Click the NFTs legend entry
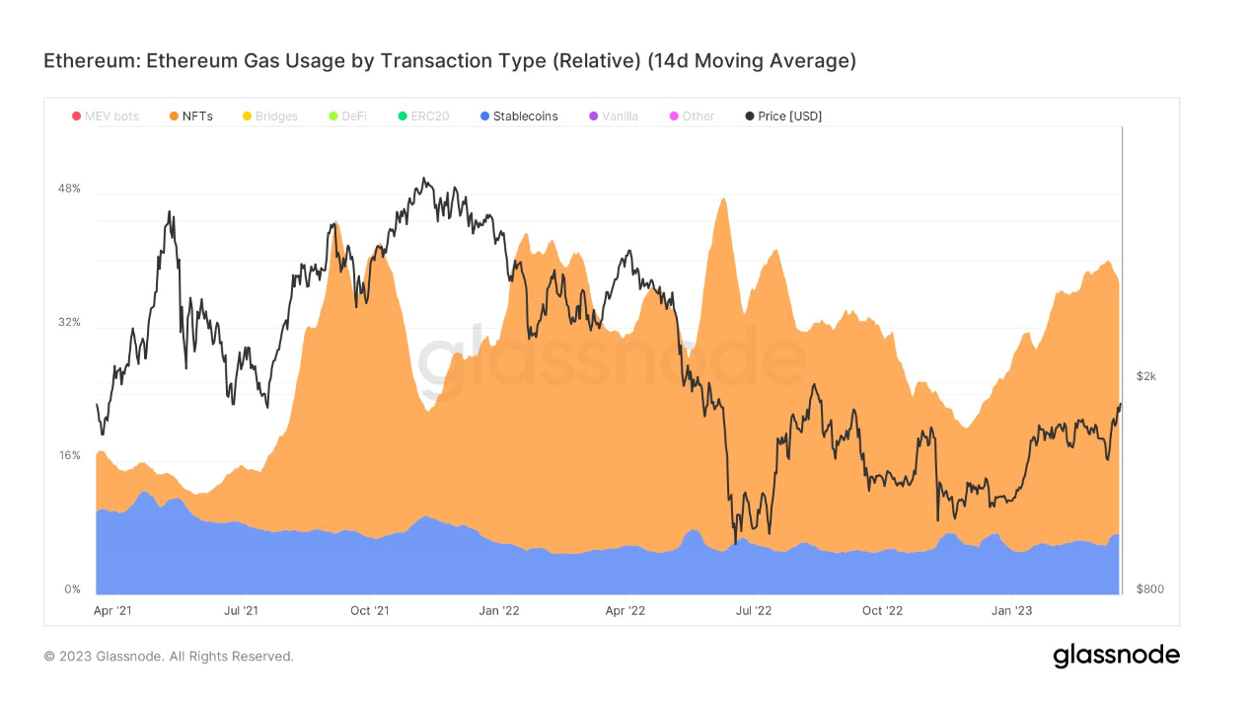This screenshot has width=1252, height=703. pos(197,117)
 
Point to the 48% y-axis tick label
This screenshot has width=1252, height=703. pos(69,189)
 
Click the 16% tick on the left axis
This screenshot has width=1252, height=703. pos(69,456)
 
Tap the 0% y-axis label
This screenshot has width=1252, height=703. pos(72,589)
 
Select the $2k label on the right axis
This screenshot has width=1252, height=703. pos(1145,376)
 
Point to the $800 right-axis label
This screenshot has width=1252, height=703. pos(1149,589)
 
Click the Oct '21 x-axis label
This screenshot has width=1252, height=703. pos(369,611)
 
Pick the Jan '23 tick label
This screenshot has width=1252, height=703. pos(1011,611)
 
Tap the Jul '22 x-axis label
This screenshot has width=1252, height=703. pos(754,611)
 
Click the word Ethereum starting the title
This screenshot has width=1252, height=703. pos(90,61)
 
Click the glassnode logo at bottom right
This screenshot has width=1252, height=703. pos(1116,655)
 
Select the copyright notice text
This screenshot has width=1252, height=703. pos(169,657)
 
